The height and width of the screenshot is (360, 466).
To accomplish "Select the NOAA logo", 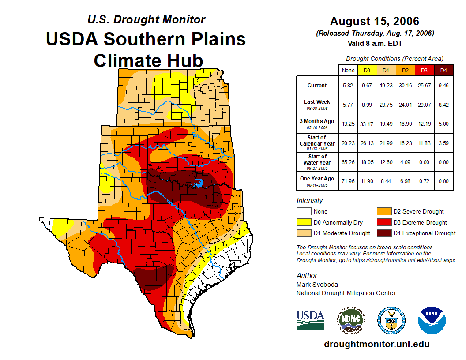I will tap(432, 320).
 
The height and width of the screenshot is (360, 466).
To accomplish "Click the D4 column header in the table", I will tap(443, 70).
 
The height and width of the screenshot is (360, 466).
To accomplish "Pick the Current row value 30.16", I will tap(405, 86).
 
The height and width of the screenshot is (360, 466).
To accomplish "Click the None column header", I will tap(348, 70).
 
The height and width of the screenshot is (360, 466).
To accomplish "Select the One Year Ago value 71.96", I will tap(348, 181).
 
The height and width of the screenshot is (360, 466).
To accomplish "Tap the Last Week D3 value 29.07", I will tap(424, 105).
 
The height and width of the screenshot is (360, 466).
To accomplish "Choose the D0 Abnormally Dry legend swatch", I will tap(304, 222).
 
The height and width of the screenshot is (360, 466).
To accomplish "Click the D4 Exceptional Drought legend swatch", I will tap(384, 233).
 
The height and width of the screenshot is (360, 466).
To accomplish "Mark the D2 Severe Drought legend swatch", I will tap(384, 211).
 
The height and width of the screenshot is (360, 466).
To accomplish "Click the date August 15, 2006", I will tap(374, 21).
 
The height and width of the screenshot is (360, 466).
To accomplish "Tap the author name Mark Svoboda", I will tap(317, 285).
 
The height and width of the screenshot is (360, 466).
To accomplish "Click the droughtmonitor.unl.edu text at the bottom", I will tap(376, 344).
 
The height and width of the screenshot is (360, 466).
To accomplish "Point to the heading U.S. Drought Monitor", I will tap(146, 19).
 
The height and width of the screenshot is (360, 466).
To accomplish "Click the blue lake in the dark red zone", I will tap(199, 183).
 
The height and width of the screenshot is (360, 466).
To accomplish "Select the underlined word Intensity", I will tap(310, 201).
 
